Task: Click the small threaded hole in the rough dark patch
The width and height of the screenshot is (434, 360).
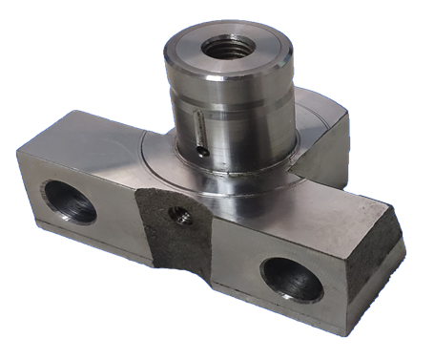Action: pyautogui.click(x=176, y=216)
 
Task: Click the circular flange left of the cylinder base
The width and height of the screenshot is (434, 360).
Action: pyautogui.click(x=157, y=158)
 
